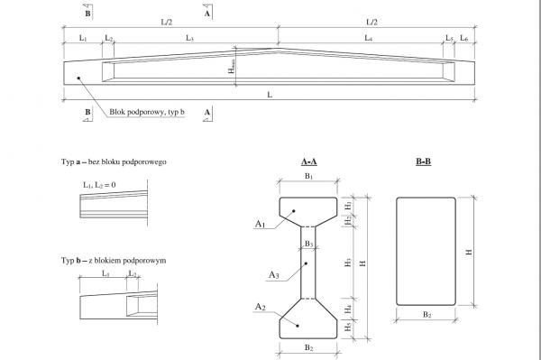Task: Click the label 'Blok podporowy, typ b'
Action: [147, 112]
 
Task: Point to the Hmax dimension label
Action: [232, 66]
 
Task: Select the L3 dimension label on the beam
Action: [189, 38]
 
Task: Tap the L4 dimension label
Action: [369, 38]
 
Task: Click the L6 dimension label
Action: [464, 38]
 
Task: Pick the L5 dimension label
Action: [449, 38]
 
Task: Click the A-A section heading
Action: [308, 162]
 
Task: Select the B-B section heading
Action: [424, 162]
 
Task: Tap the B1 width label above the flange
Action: [308, 176]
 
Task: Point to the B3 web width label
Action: [308, 244]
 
